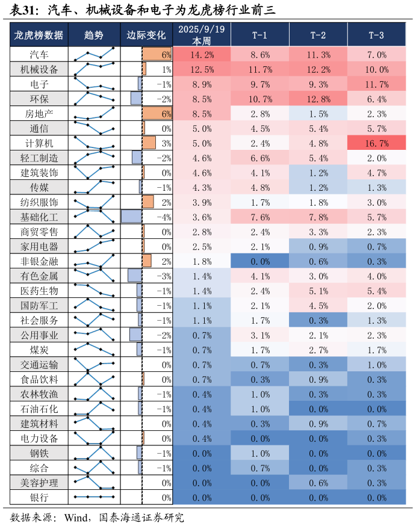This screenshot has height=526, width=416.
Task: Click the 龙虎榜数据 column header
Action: point(39,35)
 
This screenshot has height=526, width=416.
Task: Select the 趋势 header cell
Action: point(94,35)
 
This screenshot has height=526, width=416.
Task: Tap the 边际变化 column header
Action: point(146,35)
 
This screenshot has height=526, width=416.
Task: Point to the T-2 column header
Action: point(318,35)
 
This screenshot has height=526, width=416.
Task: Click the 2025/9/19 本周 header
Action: point(202,35)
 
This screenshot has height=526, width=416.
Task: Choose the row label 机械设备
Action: point(39,69)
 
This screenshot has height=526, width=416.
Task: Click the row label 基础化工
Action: point(39,217)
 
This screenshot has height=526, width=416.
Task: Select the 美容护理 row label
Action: point(39,482)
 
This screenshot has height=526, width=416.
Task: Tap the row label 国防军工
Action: point(39,305)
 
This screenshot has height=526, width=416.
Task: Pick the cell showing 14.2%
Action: point(202,54)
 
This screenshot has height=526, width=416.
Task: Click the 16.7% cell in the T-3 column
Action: point(376,143)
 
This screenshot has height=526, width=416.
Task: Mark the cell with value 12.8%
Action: point(318,99)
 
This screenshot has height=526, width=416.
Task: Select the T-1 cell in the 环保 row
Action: point(260,99)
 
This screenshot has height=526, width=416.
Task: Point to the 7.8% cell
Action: point(318,217)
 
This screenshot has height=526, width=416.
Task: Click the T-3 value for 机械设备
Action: point(376,69)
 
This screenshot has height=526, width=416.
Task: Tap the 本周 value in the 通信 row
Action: point(202,128)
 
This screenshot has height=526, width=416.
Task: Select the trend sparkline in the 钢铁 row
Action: point(94,453)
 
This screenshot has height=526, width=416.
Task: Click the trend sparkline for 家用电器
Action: point(94,246)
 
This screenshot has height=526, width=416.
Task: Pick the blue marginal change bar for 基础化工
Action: point(131,217)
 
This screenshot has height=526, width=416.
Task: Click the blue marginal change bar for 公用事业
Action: point(135,335)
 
